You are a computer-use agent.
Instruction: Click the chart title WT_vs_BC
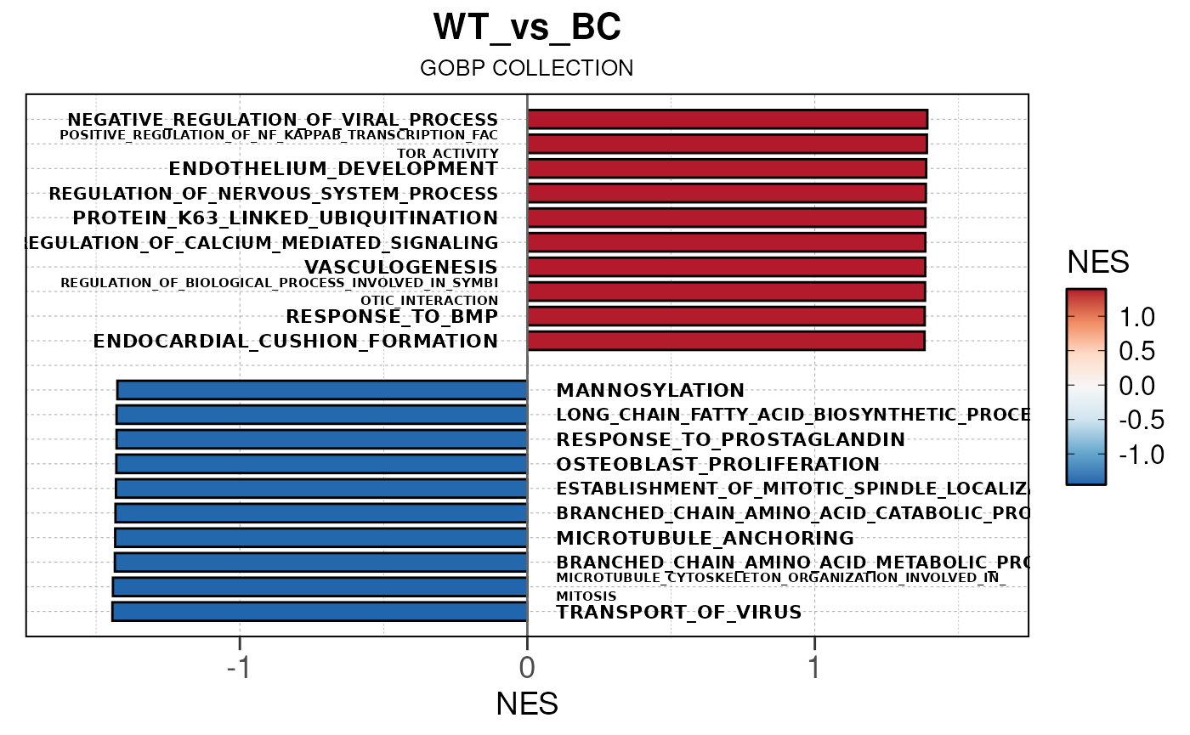527,27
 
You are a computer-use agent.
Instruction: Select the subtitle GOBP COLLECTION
527,68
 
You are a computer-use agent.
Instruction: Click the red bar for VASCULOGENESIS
726,267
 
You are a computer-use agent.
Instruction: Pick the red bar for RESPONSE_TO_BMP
726,316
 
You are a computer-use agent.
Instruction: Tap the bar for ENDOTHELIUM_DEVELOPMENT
727,168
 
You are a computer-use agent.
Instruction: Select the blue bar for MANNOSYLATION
322,390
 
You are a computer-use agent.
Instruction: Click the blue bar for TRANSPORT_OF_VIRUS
320,612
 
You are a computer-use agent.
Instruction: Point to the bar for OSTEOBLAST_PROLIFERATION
321,464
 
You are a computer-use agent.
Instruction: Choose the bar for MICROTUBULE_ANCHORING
321,538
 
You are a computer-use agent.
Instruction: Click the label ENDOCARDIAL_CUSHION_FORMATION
296,342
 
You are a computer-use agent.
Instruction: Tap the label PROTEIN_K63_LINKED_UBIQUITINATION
286,218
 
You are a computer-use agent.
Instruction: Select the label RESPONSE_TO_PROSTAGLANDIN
730,440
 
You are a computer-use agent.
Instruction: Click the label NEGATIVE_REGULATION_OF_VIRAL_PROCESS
283,120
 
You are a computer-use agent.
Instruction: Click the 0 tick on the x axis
527,668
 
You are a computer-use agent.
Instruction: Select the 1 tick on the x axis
814,668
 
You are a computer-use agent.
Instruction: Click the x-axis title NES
527,705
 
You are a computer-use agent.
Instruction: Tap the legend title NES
1098,263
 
